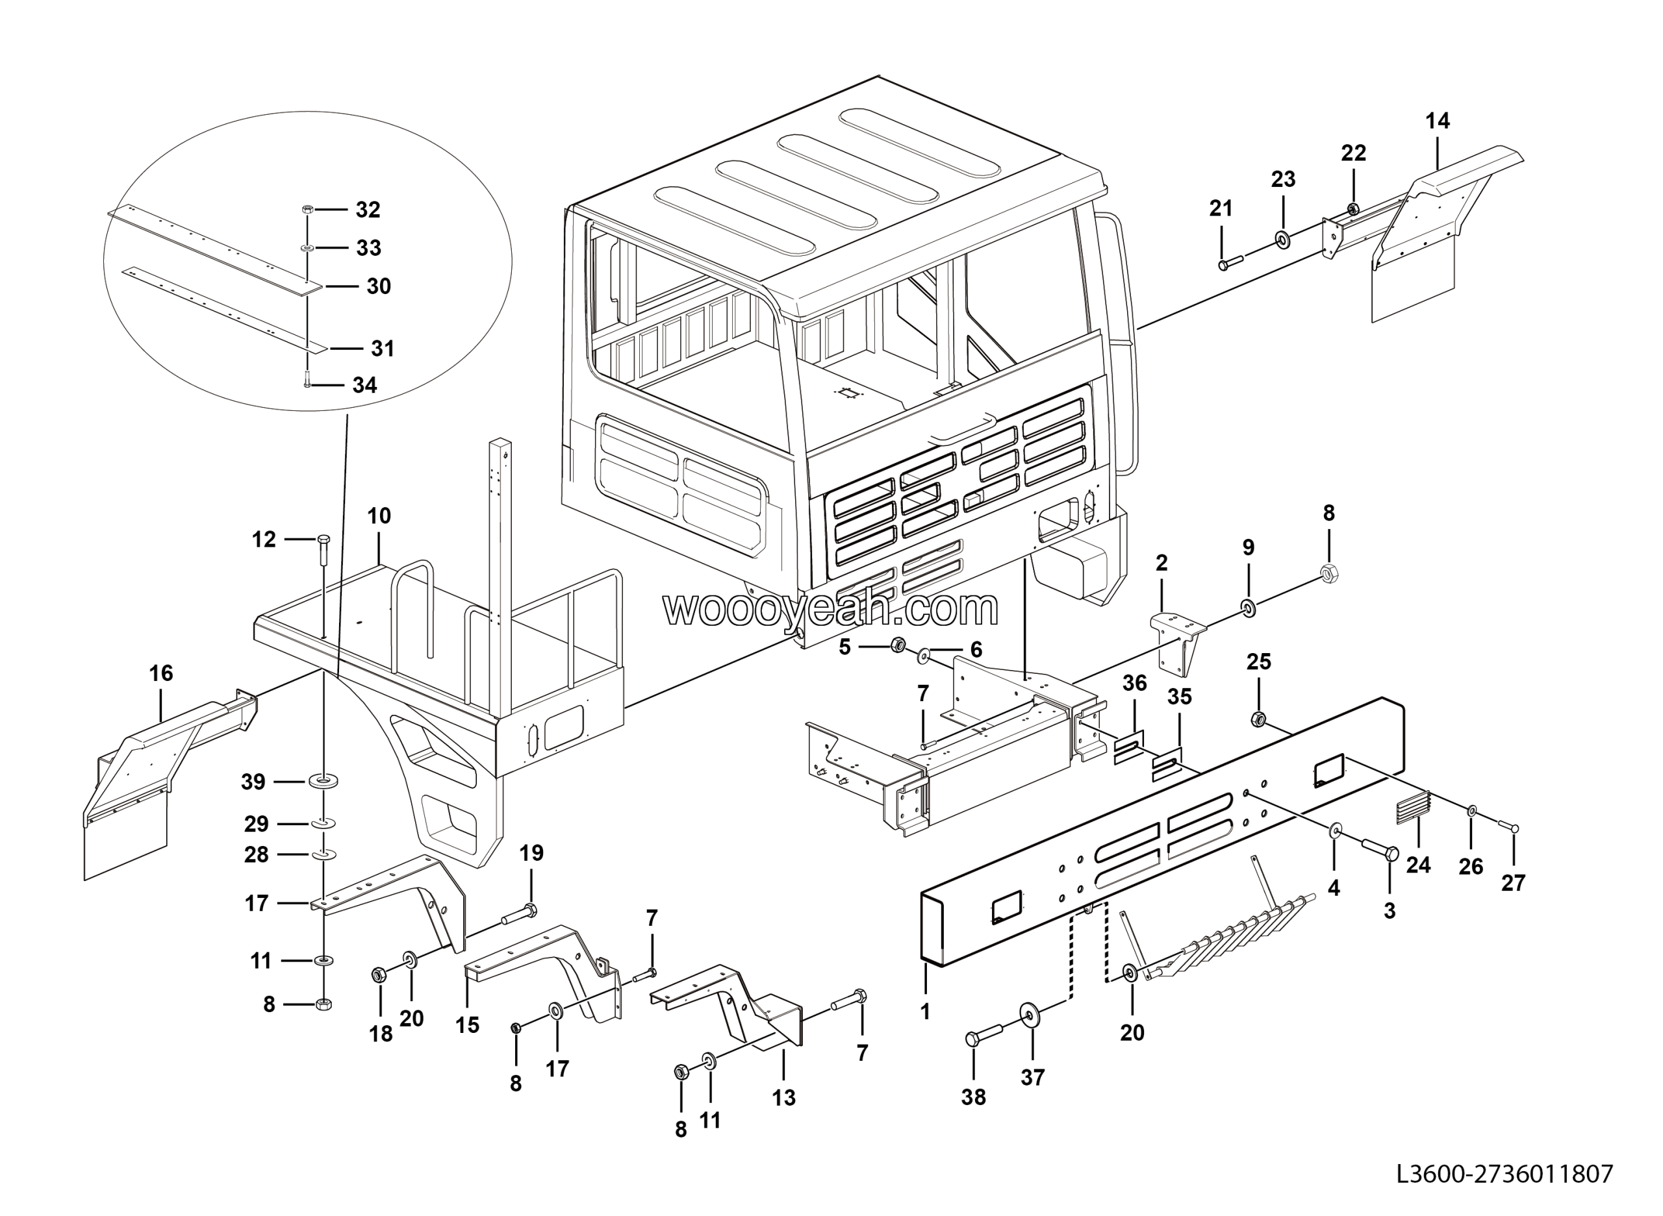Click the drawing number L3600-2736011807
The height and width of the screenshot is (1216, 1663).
tap(1504, 1173)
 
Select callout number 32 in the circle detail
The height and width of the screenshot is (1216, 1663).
tap(368, 210)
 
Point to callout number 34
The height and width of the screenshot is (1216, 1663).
tap(364, 385)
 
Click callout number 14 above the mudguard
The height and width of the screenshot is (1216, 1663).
tap(1438, 121)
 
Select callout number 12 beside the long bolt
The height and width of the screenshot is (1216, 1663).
tap(264, 540)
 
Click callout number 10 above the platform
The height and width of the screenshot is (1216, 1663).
tap(379, 516)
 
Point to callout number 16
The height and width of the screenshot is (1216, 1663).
tap(160, 673)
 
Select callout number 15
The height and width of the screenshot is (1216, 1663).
tap(467, 1024)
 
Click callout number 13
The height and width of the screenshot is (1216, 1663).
tap(783, 1097)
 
